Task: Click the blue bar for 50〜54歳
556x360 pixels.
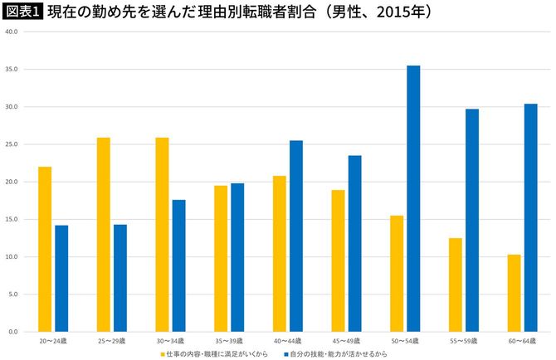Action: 413,198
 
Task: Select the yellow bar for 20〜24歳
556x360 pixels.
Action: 45,249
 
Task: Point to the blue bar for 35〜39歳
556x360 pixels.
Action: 237,257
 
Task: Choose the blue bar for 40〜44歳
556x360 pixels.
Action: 296,236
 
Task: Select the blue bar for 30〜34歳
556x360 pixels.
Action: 179,265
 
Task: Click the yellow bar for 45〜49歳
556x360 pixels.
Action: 338,260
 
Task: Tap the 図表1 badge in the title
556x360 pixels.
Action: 22,12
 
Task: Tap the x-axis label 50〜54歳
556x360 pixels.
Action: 405,341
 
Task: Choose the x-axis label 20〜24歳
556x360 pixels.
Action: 53,341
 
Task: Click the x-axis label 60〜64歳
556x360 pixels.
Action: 522,341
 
